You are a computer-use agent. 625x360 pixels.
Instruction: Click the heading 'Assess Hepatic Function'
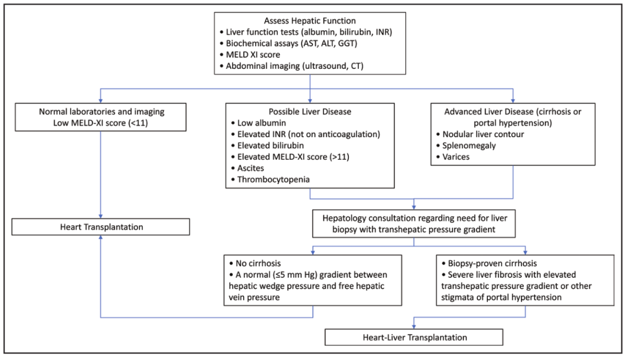pyautogui.click(x=310, y=21)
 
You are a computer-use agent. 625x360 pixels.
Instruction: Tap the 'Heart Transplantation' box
pyautogui.click(x=101, y=227)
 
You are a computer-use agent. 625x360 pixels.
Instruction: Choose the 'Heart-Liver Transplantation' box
pyautogui.click(x=414, y=337)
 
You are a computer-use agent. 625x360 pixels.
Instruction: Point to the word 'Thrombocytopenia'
pyautogui.click(x=273, y=179)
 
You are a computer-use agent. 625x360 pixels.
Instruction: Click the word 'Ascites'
pyautogui.click(x=251, y=168)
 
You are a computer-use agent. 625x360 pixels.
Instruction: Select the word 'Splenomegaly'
pyautogui.click(x=469, y=145)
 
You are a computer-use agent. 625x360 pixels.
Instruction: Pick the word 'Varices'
pyautogui.click(x=456, y=157)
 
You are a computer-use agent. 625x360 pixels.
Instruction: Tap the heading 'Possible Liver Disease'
pyautogui.click(x=310, y=112)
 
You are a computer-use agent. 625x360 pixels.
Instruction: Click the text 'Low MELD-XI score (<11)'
pyautogui.click(x=101, y=123)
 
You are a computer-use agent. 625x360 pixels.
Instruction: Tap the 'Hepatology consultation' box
pyautogui.click(x=414, y=223)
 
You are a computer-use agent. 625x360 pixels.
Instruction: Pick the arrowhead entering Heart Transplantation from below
pyautogui.click(x=101, y=238)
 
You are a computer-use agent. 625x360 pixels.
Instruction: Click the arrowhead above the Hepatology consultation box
pyautogui.click(x=414, y=207)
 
